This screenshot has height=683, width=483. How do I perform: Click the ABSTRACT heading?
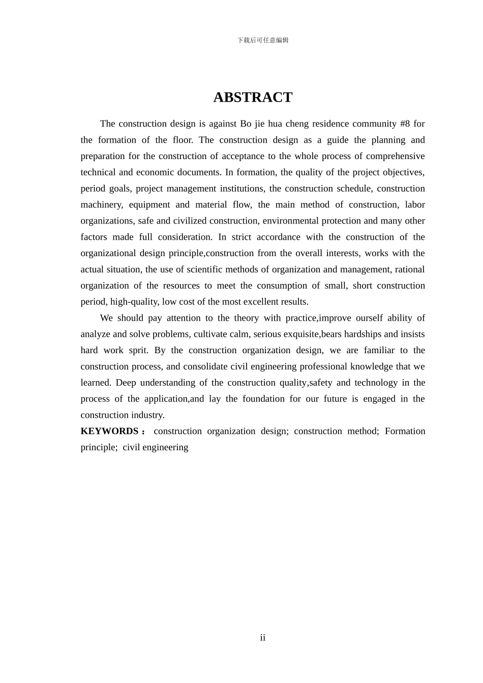pos(253,98)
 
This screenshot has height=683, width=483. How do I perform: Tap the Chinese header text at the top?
pos(263,40)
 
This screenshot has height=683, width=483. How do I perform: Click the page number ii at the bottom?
pos(263,638)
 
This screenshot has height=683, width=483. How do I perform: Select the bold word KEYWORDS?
pos(109,431)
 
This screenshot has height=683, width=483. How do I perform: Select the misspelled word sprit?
pos(138,351)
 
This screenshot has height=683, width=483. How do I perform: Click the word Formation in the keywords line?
pos(405,431)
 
